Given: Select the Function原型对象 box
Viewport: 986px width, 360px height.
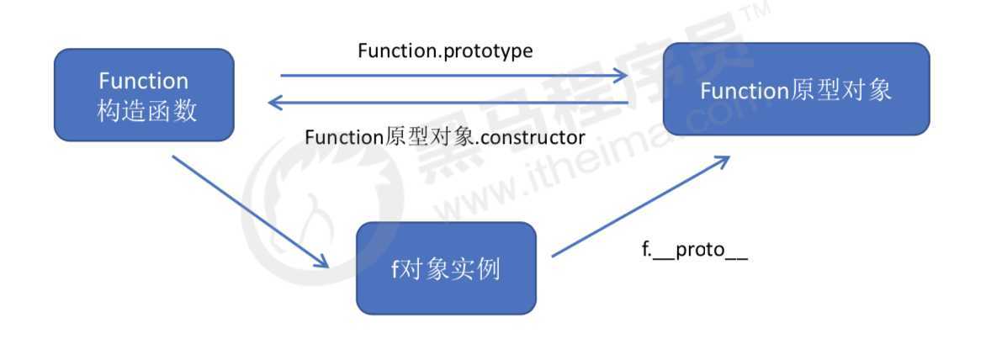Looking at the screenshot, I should tap(796, 89).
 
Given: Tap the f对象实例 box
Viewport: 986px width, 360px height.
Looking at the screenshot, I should tap(446, 268).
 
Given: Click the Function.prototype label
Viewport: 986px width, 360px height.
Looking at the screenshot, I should tap(445, 51).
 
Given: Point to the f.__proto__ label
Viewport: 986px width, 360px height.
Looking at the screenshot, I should tap(694, 252).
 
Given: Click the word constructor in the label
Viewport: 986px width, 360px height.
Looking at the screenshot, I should tap(531, 137).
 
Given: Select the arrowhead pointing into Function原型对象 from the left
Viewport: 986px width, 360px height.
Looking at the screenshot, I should tap(621, 76).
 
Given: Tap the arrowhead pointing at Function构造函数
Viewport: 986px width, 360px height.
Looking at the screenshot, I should tap(274, 103).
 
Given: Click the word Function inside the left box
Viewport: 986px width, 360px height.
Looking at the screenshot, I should tap(143, 82).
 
